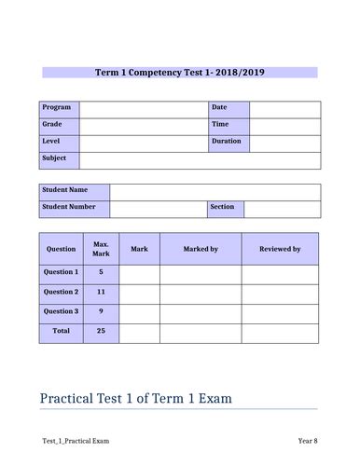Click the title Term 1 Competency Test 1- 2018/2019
[x=179, y=73]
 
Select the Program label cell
[x=59, y=109]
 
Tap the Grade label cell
[x=59, y=125]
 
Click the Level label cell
[x=59, y=142]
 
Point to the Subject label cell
[x=59, y=158]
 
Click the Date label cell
[x=228, y=109]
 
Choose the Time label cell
[x=228, y=125]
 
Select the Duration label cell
[x=228, y=142]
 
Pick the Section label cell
[x=225, y=208]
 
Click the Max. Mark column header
[x=101, y=249]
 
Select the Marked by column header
[x=201, y=249]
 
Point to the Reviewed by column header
[x=280, y=249]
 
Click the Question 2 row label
[x=61, y=292]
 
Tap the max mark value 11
[x=101, y=292]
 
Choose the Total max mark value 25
[x=101, y=331]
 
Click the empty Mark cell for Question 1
[x=139, y=272]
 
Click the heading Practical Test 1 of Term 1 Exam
[x=136, y=399]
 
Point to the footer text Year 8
[x=307, y=440]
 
